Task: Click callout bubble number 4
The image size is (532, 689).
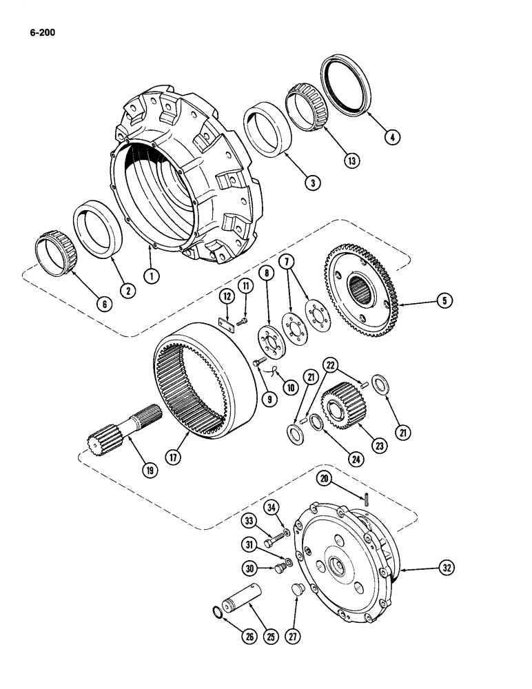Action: [391, 137]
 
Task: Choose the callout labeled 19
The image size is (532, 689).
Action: [149, 471]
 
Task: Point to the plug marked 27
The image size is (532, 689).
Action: [298, 592]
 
